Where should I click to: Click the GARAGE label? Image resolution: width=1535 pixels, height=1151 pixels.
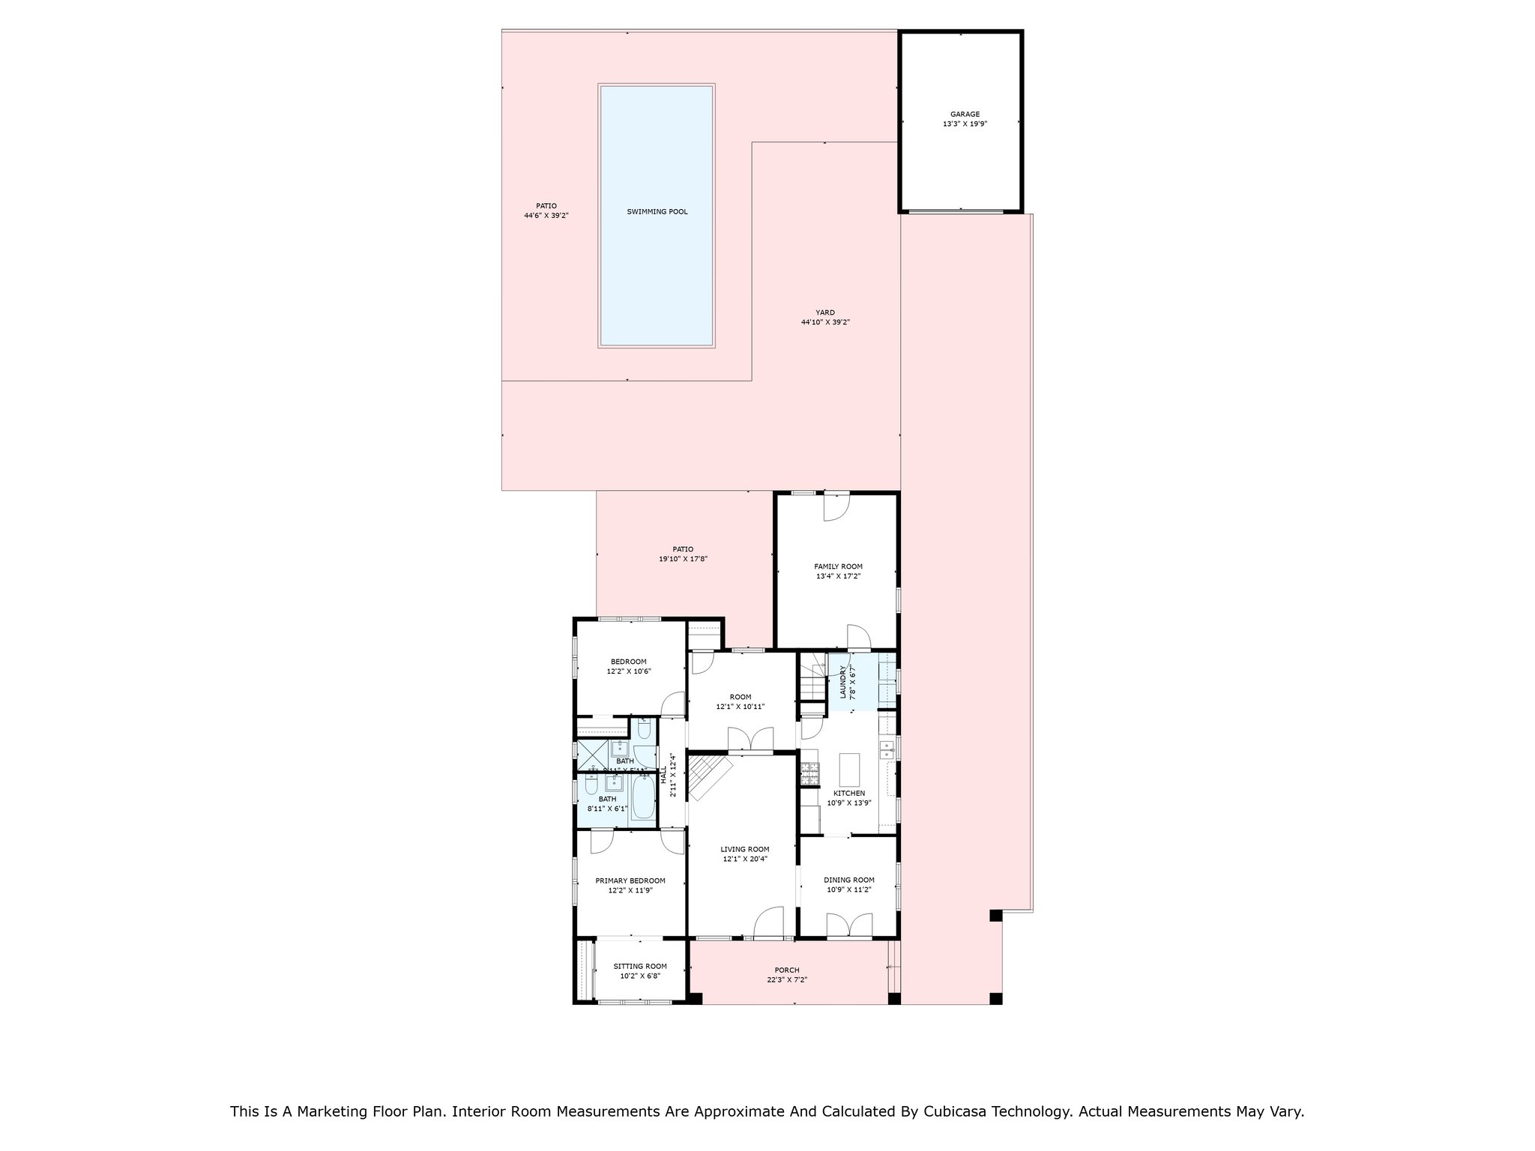click(965, 115)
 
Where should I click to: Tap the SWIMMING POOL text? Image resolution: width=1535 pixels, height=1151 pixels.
click(657, 212)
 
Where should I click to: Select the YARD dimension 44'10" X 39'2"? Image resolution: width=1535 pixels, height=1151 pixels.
click(825, 323)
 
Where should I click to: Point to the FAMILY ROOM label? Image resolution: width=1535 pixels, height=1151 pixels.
click(838, 567)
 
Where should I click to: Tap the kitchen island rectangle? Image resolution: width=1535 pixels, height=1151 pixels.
click(850, 768)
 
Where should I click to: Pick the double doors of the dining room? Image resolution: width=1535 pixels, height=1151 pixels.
click(850, 925)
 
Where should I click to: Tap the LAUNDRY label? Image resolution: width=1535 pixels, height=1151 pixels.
click(843, 682)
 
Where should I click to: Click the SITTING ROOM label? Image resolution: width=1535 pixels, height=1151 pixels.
click(639, 967)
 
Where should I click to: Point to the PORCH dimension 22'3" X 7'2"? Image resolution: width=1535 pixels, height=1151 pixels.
click(787, 980)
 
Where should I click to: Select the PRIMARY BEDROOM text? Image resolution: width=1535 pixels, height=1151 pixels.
click(630, 881)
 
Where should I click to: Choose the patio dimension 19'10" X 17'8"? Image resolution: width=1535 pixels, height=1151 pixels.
click(683, 559)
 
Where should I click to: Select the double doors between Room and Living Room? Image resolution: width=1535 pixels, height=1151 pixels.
click(750, 740)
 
